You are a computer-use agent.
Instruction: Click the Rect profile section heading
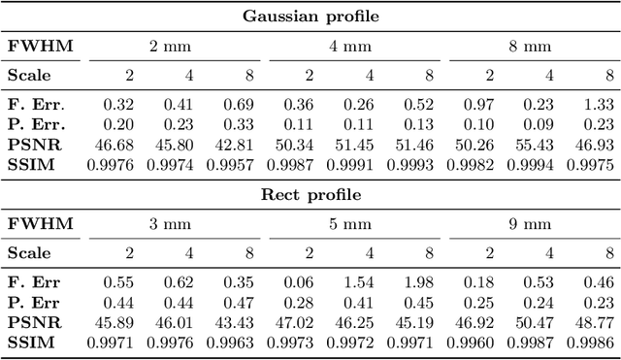click(310, 194)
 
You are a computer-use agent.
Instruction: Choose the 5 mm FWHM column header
click(351, 223)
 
